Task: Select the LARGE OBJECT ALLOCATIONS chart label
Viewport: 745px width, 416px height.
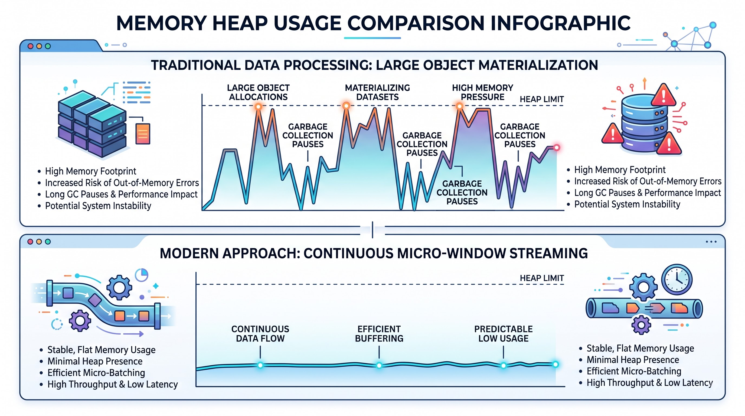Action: tap(258, 92)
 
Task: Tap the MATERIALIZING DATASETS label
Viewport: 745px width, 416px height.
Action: tap(377, 92)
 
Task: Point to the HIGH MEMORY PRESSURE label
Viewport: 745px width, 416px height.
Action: tap(482, 92)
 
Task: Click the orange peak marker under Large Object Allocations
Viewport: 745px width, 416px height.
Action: tap(258, 106)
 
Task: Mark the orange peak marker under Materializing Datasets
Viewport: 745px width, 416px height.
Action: tap(346, 106)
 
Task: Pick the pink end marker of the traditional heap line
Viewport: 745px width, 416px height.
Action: tap(556, 148)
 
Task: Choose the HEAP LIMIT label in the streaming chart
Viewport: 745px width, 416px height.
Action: tap(542, 278)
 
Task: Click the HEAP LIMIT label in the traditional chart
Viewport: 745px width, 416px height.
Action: tap(542, 99)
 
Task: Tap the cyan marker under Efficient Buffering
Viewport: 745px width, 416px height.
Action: tap(379, 365)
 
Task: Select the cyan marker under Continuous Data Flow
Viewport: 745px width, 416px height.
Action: tap(260, 365)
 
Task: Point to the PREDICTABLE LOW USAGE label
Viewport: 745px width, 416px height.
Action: tap(503, 334)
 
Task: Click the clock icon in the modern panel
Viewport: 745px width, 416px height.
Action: tap(677, 279)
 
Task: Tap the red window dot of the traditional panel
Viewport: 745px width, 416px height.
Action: tap(30, 46)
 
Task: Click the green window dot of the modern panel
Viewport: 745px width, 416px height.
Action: tap(48, 242)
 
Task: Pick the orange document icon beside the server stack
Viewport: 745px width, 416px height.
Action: tap(143, 133)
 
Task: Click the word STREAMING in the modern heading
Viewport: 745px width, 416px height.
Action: tap(548, 253)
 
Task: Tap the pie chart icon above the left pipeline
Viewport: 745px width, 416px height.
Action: tap(141, 275)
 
